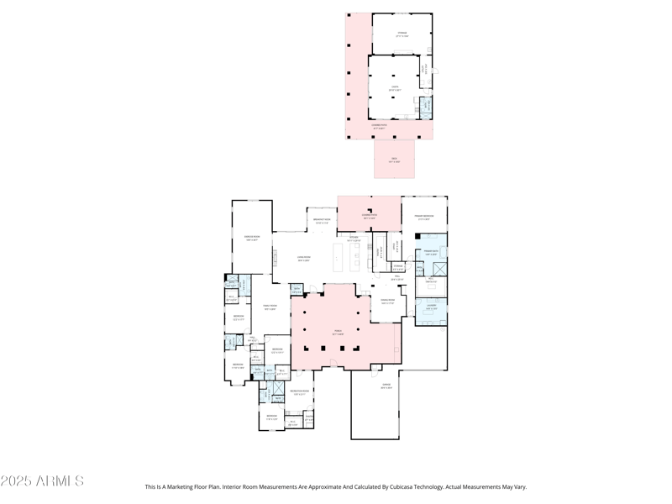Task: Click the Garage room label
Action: (x=386, y=387)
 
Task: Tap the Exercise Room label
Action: (x=251, y=238)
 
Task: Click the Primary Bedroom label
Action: (x=423, y=217)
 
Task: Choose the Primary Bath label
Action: (x=430, y=253)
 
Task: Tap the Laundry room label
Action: (x=430, y=307)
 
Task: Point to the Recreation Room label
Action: (x=299, y=392)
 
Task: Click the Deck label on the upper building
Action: (x=394, y=160)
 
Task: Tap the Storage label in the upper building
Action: (x=402, y=34)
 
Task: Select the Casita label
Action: (x=394, y=88)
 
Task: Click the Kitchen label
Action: (x=354, y=239)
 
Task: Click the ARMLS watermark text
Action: (x=42, y=481)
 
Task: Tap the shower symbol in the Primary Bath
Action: (x=438, y=269)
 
